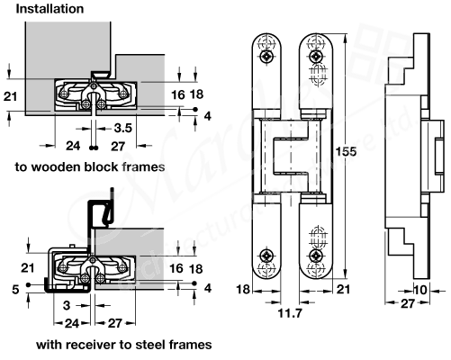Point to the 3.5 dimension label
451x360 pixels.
[x=123, y=130]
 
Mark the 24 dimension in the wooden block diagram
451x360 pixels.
[x=73, y=144]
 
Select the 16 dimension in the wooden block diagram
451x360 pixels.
[x=177, y=94]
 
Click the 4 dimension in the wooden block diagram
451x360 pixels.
[x=208, y=116]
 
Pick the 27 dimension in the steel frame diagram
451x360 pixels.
[x=117, y=321]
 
